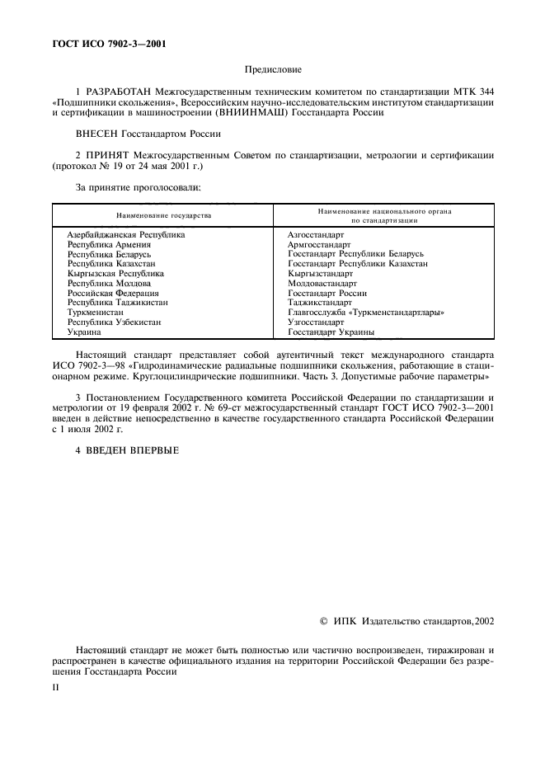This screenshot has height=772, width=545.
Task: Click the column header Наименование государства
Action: (163, 215)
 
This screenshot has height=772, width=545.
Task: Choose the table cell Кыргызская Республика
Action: (115, 273)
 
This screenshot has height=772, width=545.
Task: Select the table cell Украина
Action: (84, 332)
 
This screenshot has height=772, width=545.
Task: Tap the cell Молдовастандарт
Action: (322, 283)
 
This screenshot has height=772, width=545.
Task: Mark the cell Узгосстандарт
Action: (315, 322)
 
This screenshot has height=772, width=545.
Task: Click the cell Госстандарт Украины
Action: (331, 332)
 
